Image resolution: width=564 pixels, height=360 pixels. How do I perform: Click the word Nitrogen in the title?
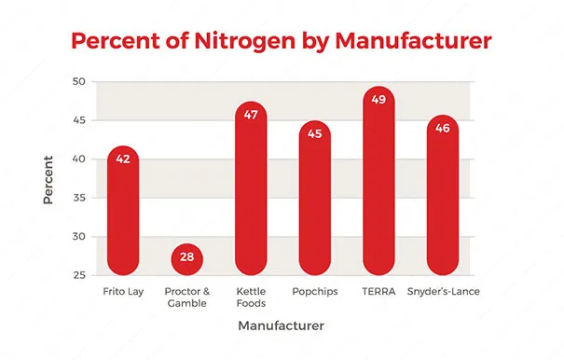point(244,42)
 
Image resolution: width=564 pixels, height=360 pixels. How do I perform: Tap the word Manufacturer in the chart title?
point(413,41)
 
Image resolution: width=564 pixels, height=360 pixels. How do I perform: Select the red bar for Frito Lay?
point(123,211)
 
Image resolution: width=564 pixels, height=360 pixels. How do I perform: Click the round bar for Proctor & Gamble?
point(187,259)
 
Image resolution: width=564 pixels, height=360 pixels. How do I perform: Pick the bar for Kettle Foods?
point(251,188)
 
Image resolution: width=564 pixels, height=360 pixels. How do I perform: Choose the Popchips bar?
point(315,198)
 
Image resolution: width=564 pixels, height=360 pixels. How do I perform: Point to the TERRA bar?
point(378,181)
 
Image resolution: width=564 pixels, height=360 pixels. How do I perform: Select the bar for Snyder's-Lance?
point(443,195)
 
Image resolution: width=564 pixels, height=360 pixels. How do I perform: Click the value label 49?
point(378,100)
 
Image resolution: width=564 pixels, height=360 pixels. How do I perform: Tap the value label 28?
point(187,256)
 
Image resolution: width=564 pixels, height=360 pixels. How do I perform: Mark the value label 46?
point(443,128)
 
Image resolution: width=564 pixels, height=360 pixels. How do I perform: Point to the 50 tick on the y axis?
point(79,82)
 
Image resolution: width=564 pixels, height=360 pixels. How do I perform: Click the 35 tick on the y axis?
point(79,198)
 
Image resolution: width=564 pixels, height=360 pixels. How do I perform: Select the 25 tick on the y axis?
point(79,275)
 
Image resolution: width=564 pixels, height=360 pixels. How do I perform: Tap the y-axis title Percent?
point(48,180)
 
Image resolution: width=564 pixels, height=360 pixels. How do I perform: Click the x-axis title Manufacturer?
point(281,325)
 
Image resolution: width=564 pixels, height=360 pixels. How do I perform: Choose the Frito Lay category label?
point(123,292)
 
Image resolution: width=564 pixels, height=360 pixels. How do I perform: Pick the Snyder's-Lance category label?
point(443,291)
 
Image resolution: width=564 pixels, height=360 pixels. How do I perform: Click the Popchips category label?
point(315,292)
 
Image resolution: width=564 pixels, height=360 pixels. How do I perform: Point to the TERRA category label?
point(378,291)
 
